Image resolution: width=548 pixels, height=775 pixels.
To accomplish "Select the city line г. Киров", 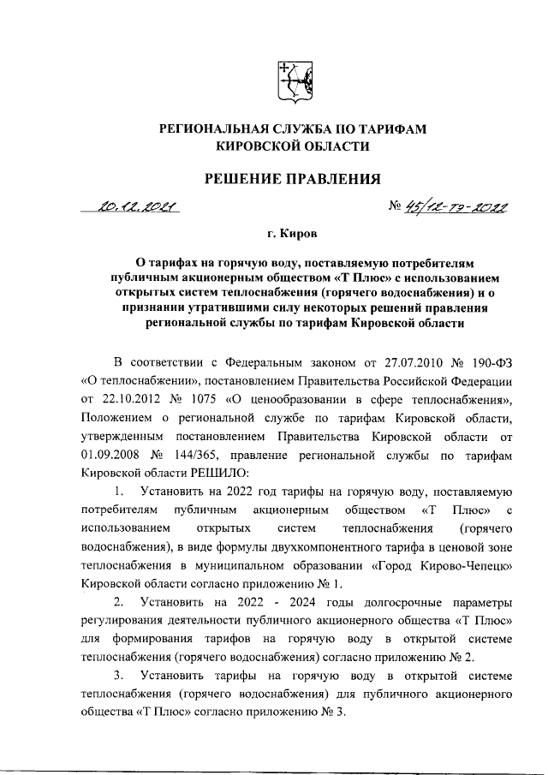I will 291,232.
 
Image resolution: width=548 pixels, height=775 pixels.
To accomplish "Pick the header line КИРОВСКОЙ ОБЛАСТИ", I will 283,146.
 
